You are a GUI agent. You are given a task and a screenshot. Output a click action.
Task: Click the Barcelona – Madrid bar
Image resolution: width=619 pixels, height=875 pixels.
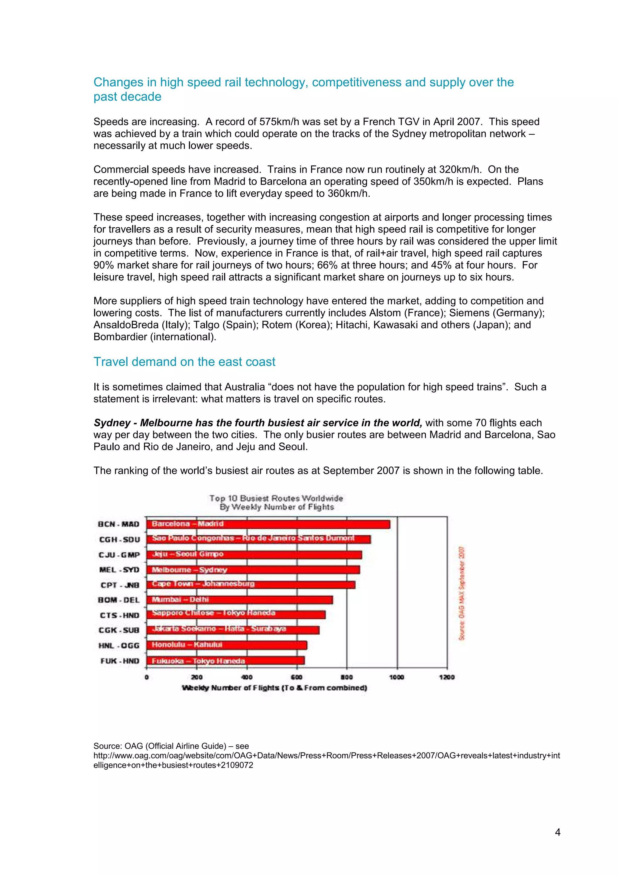[268, 524]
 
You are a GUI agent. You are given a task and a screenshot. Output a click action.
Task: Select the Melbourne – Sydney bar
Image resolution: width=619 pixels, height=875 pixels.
[253, 570]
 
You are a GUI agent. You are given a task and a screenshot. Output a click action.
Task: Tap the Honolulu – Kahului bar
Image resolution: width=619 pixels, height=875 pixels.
[227, 645]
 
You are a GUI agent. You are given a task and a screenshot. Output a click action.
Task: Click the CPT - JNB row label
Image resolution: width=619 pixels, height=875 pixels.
[120, 585]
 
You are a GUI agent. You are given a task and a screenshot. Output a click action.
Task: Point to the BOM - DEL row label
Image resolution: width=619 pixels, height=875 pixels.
[119, 600]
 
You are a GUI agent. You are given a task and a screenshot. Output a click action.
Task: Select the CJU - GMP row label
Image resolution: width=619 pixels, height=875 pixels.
[119, 555]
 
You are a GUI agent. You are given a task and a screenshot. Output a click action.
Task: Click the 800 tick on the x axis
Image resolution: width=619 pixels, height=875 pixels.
[346, 677]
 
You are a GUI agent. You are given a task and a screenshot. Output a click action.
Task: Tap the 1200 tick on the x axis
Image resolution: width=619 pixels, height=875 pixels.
[447, 677]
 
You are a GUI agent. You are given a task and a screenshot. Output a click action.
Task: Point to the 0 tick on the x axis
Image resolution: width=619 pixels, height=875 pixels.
[147, 677]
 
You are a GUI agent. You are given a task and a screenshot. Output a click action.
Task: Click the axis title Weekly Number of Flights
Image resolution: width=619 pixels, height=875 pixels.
[274, 688]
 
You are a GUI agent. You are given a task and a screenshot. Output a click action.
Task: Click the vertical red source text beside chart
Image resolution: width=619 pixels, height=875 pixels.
[462, 593]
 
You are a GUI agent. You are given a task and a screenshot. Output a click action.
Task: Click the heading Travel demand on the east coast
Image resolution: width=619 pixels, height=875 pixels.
[184, 362]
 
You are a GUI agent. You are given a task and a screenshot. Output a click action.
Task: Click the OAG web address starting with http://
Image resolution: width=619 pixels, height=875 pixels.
[326, 755]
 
